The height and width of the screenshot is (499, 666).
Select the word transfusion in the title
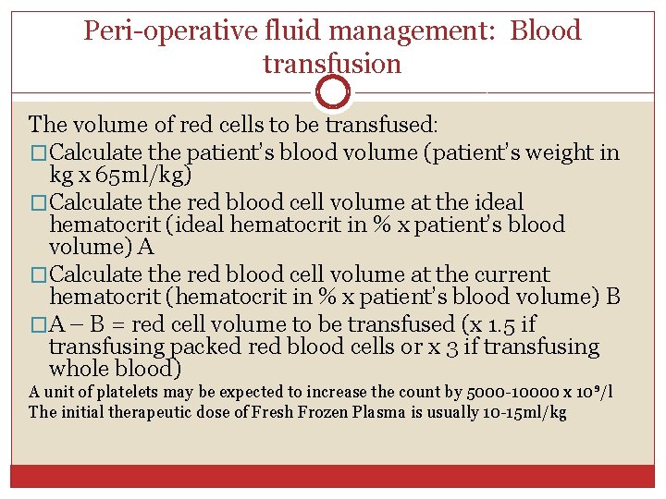[332, 64]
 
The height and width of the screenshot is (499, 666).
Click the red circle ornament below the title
[332, 92]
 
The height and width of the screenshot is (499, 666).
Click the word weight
[554, 152]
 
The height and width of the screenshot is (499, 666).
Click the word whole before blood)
[82, 369]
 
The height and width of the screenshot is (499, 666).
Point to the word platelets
[120, 392]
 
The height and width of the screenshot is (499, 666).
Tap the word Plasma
[380, 412]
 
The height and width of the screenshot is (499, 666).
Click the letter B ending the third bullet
[612, 297]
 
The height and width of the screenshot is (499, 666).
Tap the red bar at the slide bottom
[332, 476]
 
